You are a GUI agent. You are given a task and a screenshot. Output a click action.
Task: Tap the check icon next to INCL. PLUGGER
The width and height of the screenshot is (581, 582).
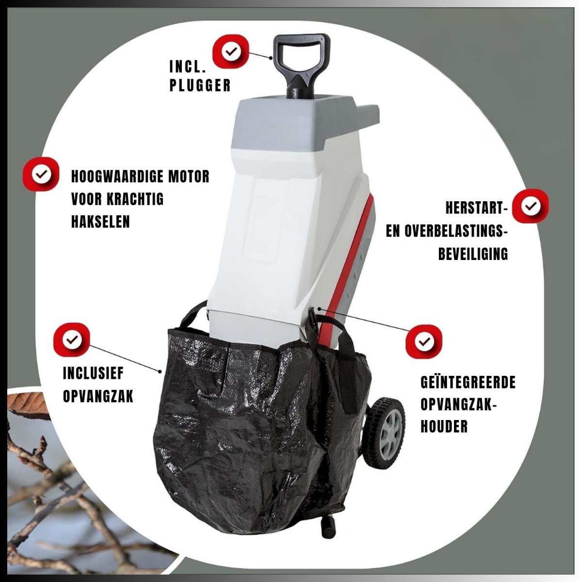tap(232, 51)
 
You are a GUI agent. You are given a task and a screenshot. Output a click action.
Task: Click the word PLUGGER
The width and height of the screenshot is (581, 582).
tap(200, 85)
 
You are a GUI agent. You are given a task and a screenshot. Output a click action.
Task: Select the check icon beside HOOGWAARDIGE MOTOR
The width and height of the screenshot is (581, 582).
tap(42, 174)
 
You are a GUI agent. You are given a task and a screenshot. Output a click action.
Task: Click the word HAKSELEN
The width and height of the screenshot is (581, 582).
tap(100, 221)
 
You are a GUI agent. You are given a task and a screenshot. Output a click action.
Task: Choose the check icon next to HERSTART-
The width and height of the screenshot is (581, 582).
tap(530, 206)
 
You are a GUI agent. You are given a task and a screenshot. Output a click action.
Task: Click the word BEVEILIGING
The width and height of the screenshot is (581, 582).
tap(473, 254)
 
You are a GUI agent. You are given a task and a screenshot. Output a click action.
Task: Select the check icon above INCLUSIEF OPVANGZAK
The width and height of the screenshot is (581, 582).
tap(72, 340)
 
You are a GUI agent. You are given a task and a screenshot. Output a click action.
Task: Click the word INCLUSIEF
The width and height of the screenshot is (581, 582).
tap(94, 373)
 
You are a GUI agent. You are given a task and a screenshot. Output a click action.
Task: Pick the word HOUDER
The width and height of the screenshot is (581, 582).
tap(444, 427)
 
